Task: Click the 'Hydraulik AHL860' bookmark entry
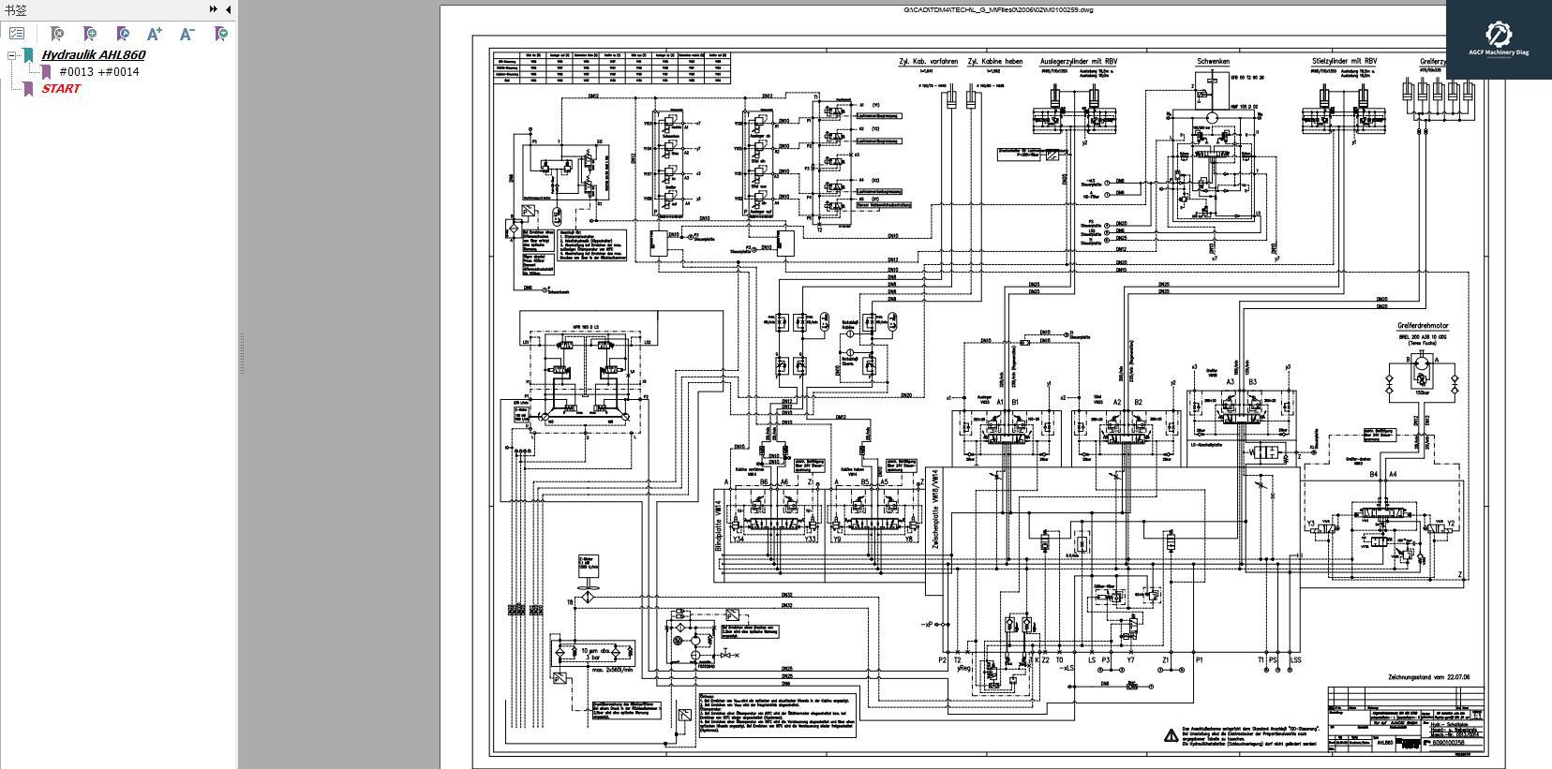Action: point(93,54)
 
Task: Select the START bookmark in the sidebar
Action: point(61,88)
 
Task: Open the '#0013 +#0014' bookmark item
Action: point(98,71)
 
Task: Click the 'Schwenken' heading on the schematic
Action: point(1213,62)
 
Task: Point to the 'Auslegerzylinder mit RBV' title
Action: point(1078,62)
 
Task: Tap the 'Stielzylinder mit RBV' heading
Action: point(1344,62)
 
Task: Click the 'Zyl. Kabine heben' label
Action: point(994,62)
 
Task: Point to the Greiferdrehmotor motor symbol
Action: point(1422,362)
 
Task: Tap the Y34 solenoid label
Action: point(738,540)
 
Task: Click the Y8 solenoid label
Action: point(908,540)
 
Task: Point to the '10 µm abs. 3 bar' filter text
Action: point(595,654)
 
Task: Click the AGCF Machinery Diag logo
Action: point(1498,39)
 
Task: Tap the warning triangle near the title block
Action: point(1171,736)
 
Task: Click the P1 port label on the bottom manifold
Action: point(1199,660)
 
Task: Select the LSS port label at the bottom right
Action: point(1295,660)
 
